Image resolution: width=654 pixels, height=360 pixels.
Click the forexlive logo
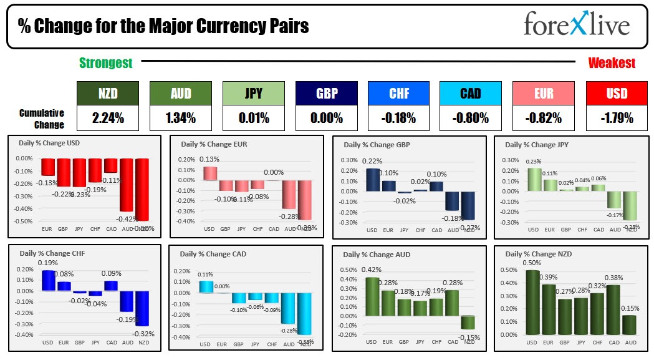click(x=576, y=25)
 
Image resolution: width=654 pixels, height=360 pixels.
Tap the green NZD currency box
click(x=108, y=94)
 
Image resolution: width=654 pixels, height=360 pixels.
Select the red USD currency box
click(x=617, y=94)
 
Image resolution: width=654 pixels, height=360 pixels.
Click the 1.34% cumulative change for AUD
click(x=180, y=117)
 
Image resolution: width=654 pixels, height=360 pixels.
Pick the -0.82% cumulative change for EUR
click(x=544, y=117)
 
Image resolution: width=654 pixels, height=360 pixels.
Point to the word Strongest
click(x=106, y=63)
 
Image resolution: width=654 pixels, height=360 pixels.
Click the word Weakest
click(x=612, y=63)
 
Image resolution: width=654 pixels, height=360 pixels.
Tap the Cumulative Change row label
click(x=42, y=119)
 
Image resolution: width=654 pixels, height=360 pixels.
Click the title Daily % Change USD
click(x=49, y=143)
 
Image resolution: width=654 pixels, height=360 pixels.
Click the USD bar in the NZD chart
click(x=532, y=302)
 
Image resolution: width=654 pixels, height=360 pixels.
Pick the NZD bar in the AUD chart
click(x=468, y=321)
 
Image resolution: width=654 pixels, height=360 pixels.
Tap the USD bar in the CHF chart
click(x=47, y=280)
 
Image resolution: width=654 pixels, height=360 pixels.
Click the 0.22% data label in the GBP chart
click(x=372, y=161)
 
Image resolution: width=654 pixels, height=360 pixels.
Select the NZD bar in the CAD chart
click(x=304, y=313)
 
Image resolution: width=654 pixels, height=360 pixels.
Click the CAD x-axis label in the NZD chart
click(x=614, y=343)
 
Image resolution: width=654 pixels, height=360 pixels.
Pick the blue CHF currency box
click(x=400, y=94)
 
